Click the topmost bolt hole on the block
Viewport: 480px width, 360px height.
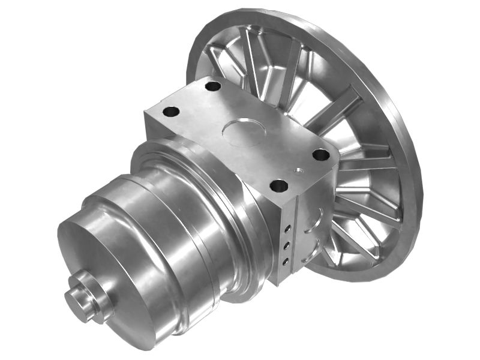pyautogui.click(x=213, y=86)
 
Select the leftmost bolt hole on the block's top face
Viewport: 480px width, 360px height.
pyautogui.click(x=171, y=112)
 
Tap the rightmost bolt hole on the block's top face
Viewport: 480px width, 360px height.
pyautogui.click(x=321, y=155)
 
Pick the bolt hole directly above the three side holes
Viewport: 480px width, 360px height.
pyautogui.click(x=279, y=185)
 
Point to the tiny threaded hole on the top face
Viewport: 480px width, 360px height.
pyautogui.click(x=298, y=170)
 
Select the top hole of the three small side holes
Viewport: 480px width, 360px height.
pyautogui.click(x=288, y=229)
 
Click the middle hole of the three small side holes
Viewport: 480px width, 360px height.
pyautogui.click(x=287, y=245)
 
